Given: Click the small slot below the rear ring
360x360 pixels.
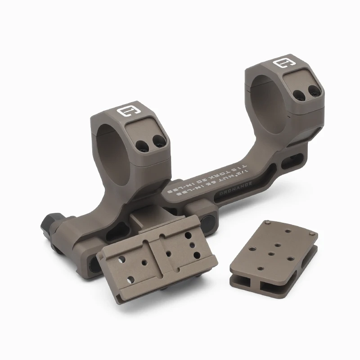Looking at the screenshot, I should click(x=296, y=159).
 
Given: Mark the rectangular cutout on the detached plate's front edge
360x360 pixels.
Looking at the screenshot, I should click(x=250, y=282).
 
